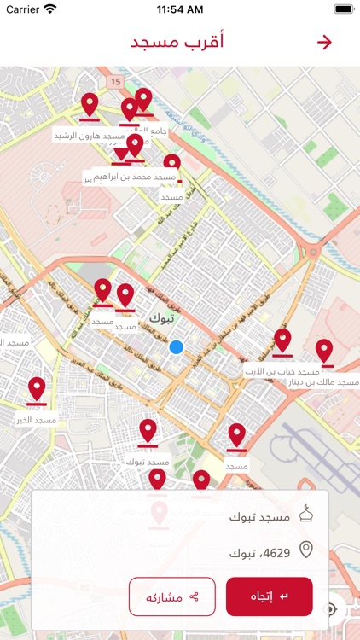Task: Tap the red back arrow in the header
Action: point(324,43)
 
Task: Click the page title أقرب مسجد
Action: point(177,43)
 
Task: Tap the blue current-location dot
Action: point(177,346)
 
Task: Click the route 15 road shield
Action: point(116,81)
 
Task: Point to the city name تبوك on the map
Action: point(160,317)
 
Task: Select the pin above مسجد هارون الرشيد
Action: point(90,106)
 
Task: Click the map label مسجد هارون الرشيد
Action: point(90,136)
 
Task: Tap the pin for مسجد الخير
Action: point(37,390)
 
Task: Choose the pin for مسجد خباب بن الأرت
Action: point(282,342)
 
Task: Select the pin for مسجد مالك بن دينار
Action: point(324,352)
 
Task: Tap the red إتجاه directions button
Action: point(269,596)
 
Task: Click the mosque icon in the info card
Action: point(305,515)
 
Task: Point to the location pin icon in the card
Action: point(305,550)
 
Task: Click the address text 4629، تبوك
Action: point(259,553)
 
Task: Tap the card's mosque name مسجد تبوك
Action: point(259,516)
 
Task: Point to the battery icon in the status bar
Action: point(343,9)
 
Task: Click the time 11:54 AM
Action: point(180,9)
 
